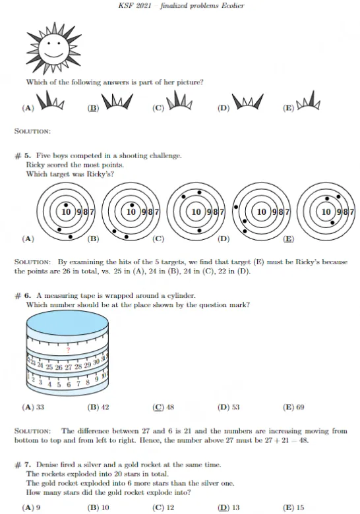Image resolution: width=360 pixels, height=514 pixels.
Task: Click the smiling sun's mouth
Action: tap(54, 54)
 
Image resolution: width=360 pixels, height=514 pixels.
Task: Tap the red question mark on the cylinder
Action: tap(68, 350)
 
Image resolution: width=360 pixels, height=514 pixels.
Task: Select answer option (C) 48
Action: tap(164, 407)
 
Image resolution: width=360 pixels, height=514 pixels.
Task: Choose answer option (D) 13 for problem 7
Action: tap(228, 507)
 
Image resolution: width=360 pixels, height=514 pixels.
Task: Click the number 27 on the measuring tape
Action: tap(68, 367)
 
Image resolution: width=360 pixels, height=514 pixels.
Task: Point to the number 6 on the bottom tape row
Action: tap(69, 384)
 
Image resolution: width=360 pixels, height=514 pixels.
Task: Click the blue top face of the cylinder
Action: tap(67, 324)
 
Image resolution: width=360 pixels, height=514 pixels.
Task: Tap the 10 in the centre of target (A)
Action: tap(66, 212)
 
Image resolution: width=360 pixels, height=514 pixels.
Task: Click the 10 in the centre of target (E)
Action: tap(326, 212)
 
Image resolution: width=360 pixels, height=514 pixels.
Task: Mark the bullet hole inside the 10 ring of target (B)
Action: tap(132, 205)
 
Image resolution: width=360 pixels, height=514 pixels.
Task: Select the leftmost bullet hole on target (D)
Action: tap(236, 207)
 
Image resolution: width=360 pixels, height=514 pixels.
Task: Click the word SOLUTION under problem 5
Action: tap(32, 262)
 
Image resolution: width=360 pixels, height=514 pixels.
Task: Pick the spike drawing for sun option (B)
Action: tap(117, 101)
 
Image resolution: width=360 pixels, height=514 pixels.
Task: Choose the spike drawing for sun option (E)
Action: tap(308, 101)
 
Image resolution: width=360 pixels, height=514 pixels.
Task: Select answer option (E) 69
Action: tap(293, 407)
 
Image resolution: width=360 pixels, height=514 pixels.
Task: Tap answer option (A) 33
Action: tap(33, 407)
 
